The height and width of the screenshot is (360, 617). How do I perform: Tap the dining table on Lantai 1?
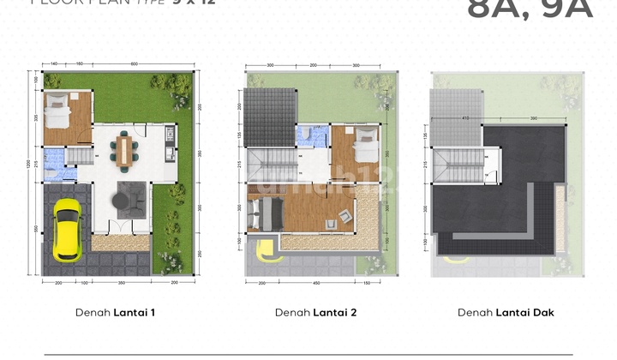126,151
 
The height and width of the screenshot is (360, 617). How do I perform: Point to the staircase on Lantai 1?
80,158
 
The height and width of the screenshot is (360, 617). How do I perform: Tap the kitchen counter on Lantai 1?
170,146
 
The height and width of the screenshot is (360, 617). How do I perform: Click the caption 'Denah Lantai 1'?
116,313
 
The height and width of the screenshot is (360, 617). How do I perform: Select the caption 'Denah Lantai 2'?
316,313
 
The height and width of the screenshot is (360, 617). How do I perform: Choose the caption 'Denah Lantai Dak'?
506,313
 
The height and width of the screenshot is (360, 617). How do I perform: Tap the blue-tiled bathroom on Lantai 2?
310,135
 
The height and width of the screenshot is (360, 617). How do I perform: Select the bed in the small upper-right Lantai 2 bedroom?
364,139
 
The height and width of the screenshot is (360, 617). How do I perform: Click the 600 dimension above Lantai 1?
135,64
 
